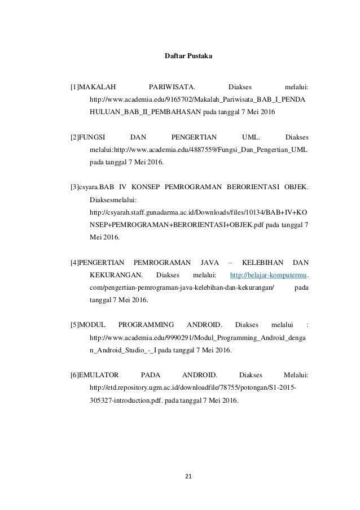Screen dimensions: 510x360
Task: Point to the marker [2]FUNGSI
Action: click(x=89, y=137)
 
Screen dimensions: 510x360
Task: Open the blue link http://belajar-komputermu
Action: click(x=269, y=275)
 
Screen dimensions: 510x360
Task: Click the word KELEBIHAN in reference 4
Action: click(x=260, y=263)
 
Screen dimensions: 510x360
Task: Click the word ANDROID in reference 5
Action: click(x=203, y=325)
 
